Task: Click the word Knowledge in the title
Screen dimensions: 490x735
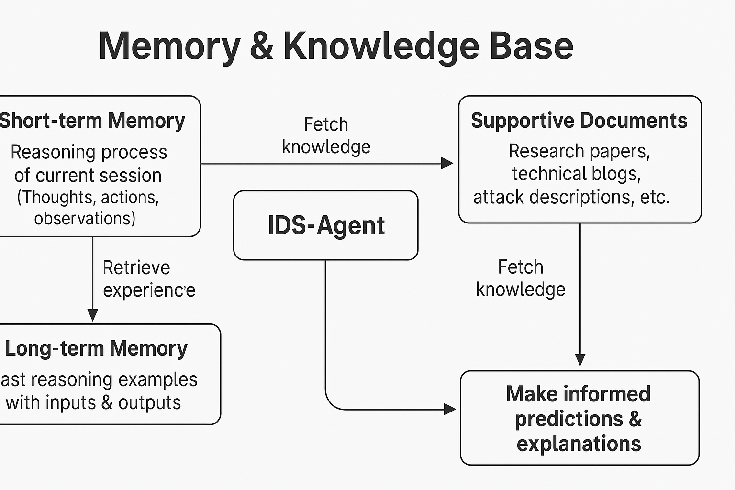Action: point(381,46)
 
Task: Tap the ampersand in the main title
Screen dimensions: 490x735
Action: point(261,46)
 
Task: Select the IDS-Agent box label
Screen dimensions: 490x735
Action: point(326,225)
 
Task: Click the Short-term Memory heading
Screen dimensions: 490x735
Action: point(92,121)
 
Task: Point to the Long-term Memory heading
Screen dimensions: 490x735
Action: point(96,348)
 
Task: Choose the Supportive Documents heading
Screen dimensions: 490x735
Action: point(579,121)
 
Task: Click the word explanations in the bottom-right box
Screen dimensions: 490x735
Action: point(579,444)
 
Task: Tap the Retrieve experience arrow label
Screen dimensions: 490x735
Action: point(148,278)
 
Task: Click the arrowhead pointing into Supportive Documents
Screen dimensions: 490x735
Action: point(447,163)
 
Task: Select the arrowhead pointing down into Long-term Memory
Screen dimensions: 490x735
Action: point(93,315)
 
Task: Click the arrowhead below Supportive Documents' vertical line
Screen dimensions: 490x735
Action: point(580,359)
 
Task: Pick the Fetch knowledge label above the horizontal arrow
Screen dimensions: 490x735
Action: point(326,135)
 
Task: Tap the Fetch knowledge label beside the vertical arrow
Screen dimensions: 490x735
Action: point(521,278)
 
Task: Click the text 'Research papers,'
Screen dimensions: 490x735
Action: point(579,151)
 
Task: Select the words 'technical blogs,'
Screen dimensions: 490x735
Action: point(576,174)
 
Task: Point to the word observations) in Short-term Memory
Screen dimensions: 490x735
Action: point(85,219)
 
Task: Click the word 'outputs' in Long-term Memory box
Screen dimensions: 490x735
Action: point(149,403)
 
